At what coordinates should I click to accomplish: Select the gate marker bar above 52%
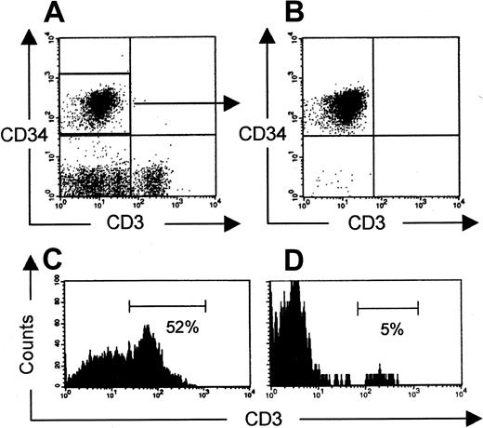point(167,304)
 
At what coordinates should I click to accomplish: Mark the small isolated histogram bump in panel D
point(381,378)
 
